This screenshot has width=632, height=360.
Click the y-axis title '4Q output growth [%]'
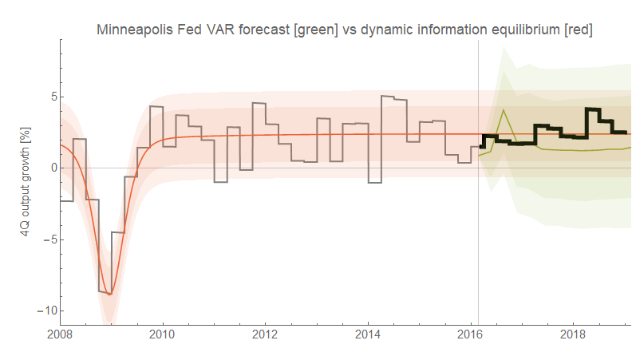[25, 176]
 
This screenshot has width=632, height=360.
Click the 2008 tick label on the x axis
[61, 333]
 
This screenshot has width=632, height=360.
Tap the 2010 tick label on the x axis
[163, 333]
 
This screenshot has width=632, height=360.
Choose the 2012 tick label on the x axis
[266, 333]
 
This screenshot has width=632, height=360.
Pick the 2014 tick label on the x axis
[368, 333]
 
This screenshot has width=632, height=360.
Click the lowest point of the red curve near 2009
[110, 295]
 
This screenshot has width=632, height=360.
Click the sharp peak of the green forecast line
[504, 109]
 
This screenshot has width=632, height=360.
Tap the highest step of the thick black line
[593, 109]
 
